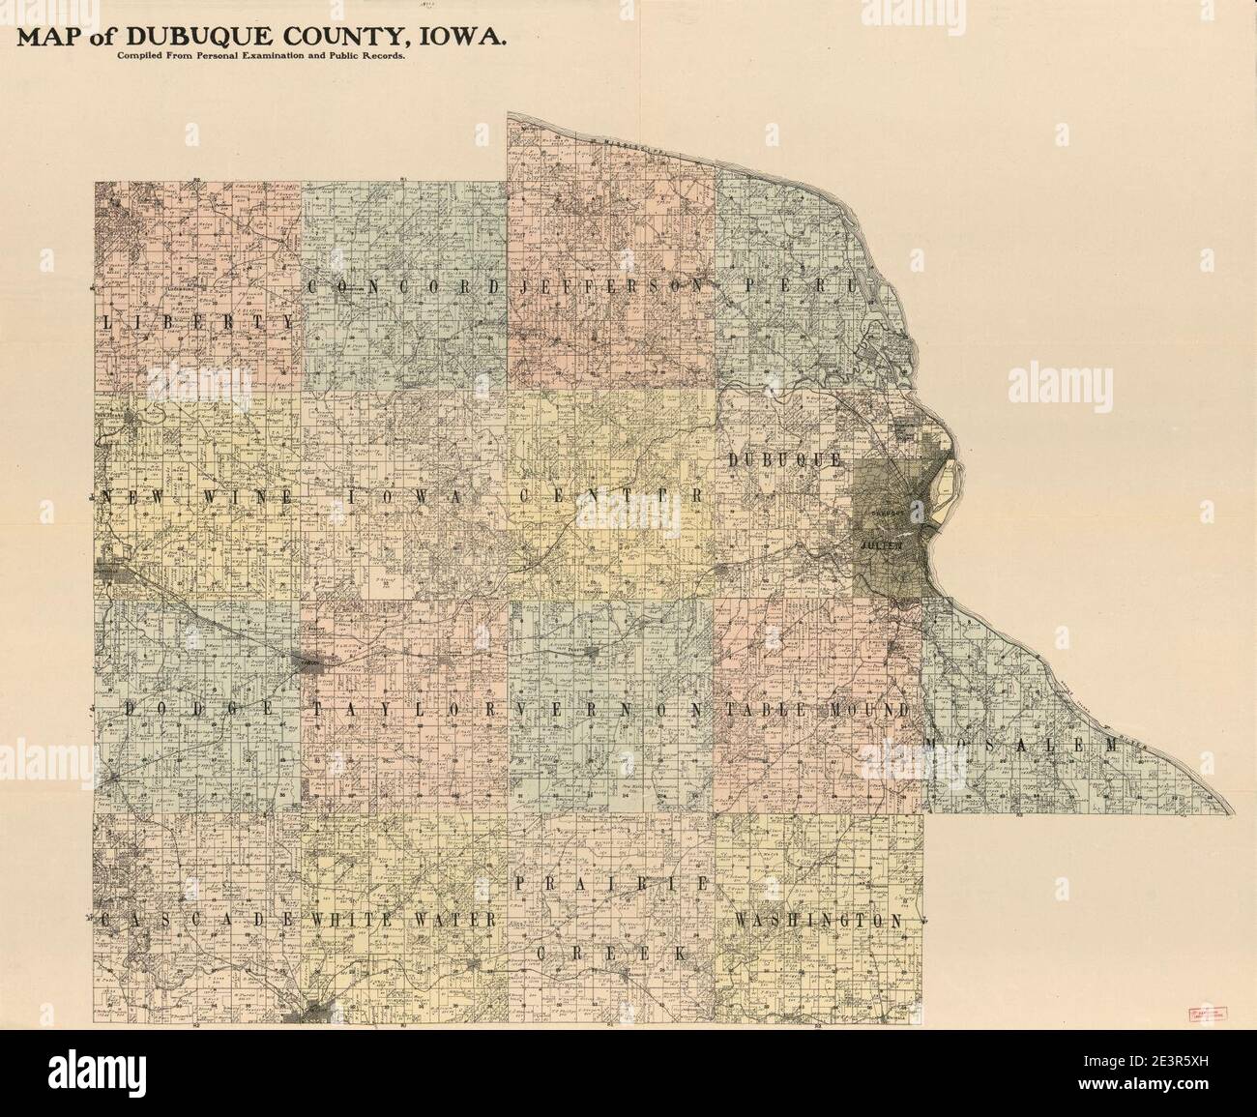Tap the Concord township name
pos(406,286)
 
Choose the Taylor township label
pos(405,709)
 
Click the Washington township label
pos(820,920)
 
